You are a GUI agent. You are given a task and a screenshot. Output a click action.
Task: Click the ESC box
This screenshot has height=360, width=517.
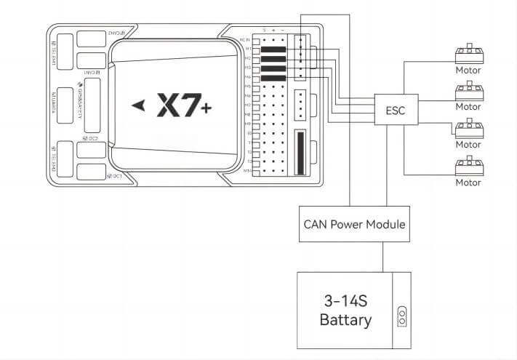(390, 111)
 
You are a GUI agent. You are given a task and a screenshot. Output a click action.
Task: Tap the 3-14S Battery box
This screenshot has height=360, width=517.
(353, 310)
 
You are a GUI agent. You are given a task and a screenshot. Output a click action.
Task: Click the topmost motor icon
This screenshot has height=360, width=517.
(468, 55)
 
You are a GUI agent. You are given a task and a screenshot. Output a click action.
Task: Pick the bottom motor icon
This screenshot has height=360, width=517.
(468, 166)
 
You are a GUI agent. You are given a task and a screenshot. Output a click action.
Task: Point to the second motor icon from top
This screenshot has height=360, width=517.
(468, 92)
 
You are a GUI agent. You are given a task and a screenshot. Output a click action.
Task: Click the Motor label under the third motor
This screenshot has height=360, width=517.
(468, 145)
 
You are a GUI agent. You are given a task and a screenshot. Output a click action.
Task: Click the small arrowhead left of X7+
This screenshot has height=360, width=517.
(139, 106)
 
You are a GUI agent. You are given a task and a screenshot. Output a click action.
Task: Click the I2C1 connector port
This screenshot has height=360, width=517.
(91, 173)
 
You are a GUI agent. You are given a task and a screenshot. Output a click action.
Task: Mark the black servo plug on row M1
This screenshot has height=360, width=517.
(273, 50)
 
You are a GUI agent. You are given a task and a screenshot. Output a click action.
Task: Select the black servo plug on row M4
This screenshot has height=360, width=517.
(273, 76)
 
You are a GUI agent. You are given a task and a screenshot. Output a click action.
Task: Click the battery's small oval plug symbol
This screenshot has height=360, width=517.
(401, 317)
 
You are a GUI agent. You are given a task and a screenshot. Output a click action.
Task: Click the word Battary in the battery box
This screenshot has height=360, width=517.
(346, 320)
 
